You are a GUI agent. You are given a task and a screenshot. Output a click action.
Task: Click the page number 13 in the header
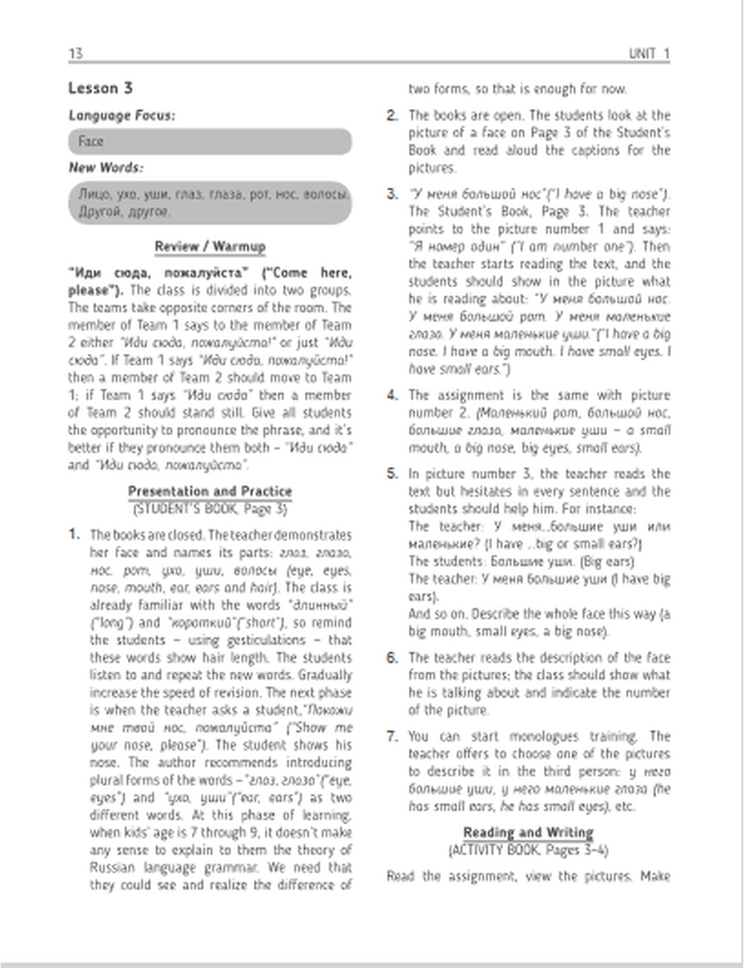75,53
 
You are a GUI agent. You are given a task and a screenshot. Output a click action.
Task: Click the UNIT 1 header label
649,53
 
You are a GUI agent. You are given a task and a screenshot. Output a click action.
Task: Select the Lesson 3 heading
100,88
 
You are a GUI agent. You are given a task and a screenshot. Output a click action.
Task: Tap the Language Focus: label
122,115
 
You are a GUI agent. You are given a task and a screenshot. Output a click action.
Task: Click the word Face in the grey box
91,141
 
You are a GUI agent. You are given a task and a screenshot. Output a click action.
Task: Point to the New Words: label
106,168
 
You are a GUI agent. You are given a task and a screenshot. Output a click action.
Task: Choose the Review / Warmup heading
210,246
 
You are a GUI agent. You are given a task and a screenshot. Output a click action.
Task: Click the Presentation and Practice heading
210,491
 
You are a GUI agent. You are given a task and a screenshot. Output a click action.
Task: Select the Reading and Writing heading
528,832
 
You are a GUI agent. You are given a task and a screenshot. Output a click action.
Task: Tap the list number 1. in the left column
74,535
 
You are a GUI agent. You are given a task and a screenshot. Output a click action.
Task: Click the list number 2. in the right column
392,115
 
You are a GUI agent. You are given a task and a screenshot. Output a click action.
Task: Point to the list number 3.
392,194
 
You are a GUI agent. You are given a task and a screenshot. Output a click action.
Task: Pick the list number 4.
392,395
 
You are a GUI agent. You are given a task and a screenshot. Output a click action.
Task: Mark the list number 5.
392,474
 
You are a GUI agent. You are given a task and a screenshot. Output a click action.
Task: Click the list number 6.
392,657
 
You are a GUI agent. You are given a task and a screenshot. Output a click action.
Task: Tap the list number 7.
392,736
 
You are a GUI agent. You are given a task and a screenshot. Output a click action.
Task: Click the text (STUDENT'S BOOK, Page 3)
210,509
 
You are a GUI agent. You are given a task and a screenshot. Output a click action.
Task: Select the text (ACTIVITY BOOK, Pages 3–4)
528,850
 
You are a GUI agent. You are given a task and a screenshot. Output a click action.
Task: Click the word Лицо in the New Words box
95,195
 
